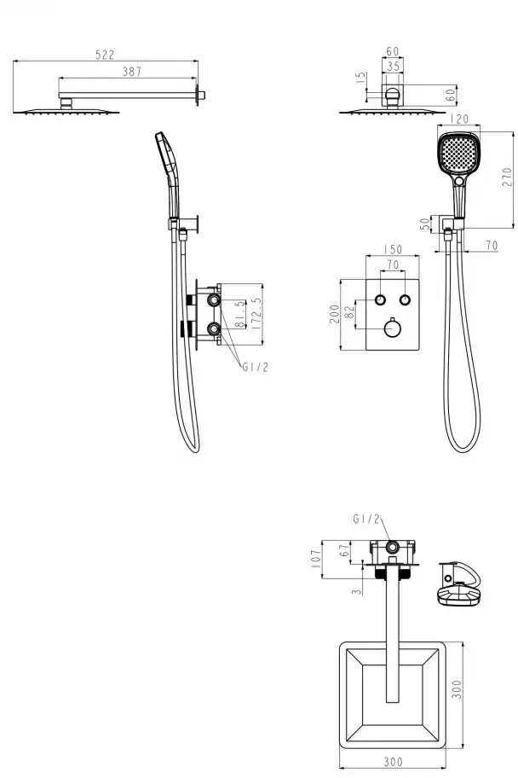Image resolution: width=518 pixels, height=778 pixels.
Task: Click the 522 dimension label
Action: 105,55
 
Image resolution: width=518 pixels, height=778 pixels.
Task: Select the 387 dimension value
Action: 132,72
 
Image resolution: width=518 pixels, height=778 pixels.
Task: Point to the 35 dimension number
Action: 393,67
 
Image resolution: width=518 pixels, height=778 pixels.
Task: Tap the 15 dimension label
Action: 361,78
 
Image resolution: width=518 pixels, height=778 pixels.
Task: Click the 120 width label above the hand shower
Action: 459,119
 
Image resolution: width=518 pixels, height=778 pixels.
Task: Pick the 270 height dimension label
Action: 507,177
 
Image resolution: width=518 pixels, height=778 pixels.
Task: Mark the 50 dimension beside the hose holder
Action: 425,224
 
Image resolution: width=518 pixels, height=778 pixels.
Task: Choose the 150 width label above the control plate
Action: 393,249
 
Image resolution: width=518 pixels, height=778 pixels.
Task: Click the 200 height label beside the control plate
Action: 335,315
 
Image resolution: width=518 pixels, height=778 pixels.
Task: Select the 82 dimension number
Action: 349,312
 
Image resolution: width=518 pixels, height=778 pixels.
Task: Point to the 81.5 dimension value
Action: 240,314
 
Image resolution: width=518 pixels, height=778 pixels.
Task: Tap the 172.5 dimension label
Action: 256,314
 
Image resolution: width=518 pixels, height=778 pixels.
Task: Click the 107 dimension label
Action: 316,560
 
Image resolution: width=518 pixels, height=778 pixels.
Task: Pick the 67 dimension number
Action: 344,550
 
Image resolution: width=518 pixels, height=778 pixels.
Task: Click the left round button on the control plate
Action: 380,299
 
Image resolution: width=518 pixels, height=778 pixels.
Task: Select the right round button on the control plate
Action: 405,299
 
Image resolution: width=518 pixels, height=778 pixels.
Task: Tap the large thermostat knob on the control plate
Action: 393,328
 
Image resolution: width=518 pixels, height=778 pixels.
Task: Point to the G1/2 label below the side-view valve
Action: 256,367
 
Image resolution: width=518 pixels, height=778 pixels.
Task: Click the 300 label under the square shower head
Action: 393,761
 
